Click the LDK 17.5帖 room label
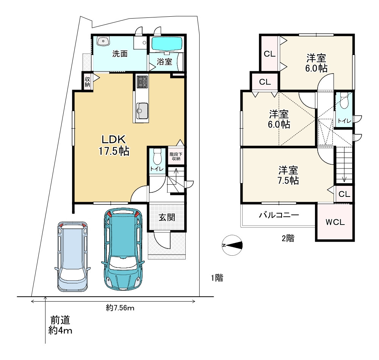click(114, 145)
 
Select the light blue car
click(72, 256)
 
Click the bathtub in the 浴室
click(166, 44)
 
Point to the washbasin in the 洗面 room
click(103, 41)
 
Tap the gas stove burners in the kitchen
click(142, 82)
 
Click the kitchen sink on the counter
click(142, 111)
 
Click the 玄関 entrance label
click(167, 217)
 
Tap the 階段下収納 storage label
click(176, 156)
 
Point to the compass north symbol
click(232, 245)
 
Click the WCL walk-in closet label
click(335, 222)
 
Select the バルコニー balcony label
click(279, 215)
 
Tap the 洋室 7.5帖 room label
click(288, 175)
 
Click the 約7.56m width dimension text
click(120, 308)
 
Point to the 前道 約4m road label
click(60, 325)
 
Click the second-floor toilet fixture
click(344, 101)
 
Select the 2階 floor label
click(288, 238)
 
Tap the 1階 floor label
click(217, 278)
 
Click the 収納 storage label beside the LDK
click(87, 82)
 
